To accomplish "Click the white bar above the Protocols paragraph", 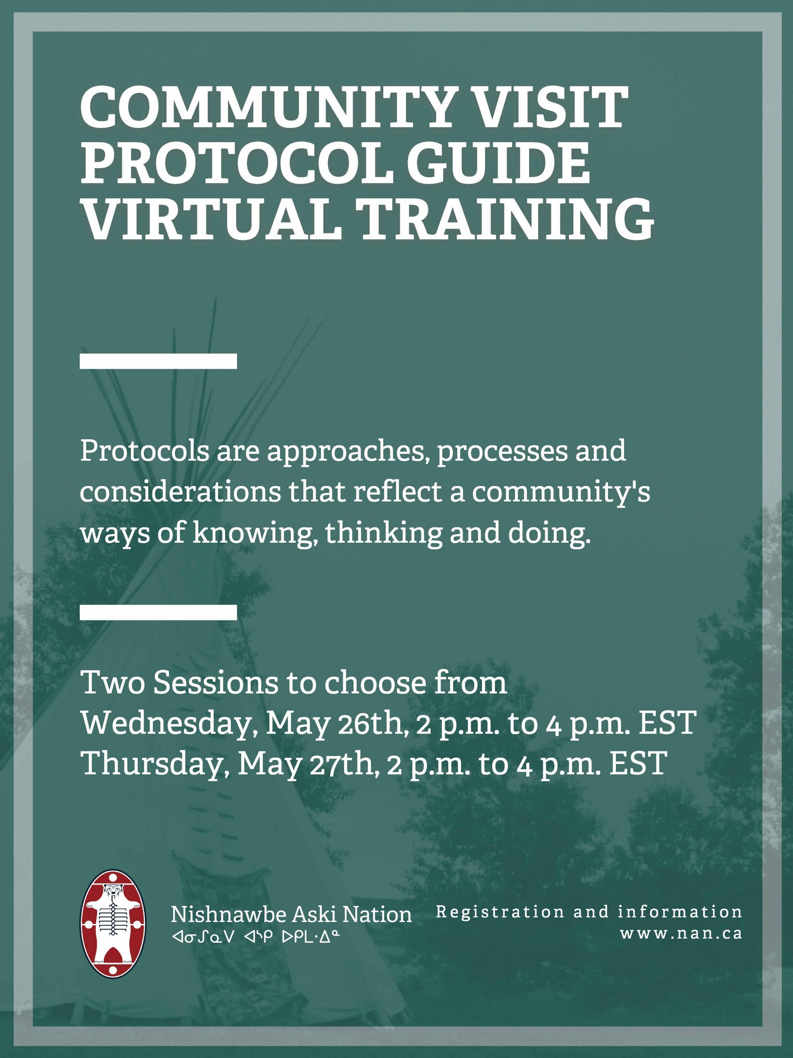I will pyautogui.click(x=158, y=361).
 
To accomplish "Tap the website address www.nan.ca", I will pyautogui.click(x=681, y=933).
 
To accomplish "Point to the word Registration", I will pyautogui.click(x=499, y=912).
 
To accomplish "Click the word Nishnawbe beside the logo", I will pyautogui.click(x=228, y=914).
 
